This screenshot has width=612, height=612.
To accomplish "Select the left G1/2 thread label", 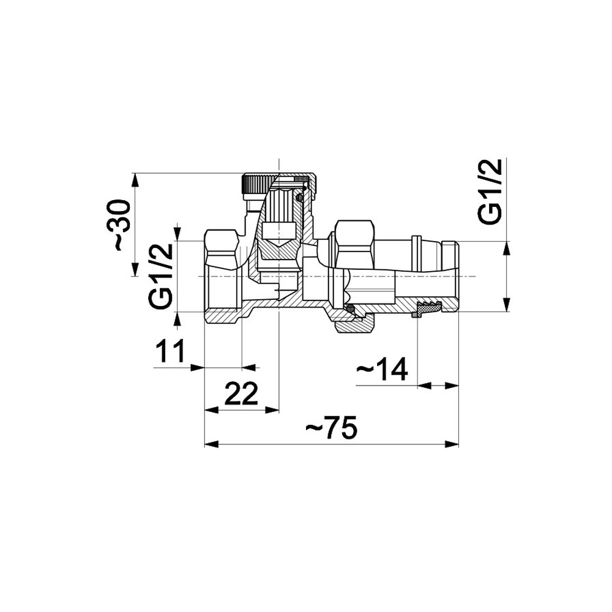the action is pyautogui.click(x=160, y=276).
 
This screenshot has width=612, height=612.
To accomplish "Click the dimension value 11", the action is pyautogui.click(x=170, y=351).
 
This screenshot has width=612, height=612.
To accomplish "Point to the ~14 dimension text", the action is pyautogui.click(x=382, y=368).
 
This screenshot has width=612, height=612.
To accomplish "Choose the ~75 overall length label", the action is pyautogui.click(x=331, y=427).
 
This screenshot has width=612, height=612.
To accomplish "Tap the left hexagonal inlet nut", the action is pyautogui.click(x=222, y=277).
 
